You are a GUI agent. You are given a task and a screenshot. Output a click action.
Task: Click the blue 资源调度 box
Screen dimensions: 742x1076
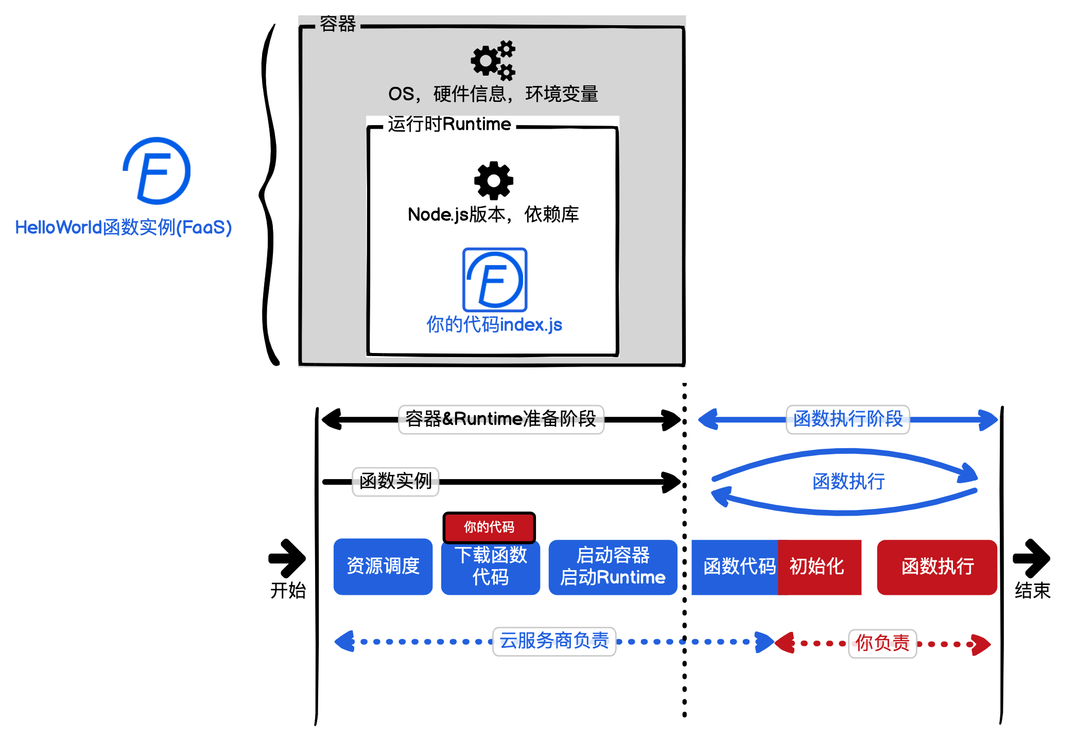point(383,567)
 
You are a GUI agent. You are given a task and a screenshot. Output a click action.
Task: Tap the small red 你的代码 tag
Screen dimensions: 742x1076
point(489,527)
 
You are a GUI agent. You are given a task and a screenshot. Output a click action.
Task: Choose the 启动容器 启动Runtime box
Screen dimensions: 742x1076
point(613,567)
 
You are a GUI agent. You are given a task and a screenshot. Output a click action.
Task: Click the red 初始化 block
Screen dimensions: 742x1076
point(819,567)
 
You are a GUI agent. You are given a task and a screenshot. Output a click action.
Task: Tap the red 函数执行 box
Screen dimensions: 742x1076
point(937,567)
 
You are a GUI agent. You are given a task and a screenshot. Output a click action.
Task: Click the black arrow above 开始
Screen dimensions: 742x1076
point(287,558)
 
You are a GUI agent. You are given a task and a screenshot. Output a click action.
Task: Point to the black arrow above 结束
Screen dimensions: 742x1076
point(1031,558)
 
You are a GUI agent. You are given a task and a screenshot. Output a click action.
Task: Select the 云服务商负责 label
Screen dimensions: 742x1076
point(554,641)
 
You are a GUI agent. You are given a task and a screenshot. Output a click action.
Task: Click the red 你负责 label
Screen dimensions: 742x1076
point(882,643)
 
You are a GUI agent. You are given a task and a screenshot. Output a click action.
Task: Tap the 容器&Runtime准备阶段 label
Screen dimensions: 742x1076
point(500,419)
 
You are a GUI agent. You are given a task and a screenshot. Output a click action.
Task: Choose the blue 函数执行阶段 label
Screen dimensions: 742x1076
point(847,419)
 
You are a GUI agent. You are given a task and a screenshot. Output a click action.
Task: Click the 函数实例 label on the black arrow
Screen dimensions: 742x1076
point(395,481)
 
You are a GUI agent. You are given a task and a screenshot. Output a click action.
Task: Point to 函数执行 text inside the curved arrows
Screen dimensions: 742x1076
point(848,482)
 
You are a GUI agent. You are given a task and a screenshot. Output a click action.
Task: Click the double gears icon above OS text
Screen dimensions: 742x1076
point(493,60)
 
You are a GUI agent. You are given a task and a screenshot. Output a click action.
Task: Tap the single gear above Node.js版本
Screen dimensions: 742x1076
point(493,180)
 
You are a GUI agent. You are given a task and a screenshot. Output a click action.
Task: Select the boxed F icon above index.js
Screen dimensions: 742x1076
point(495,279)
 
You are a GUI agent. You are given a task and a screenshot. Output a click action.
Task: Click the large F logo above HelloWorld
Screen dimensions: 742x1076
point(157,171)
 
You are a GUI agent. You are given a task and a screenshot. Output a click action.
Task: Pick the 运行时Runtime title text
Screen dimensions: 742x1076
point(449,124)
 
